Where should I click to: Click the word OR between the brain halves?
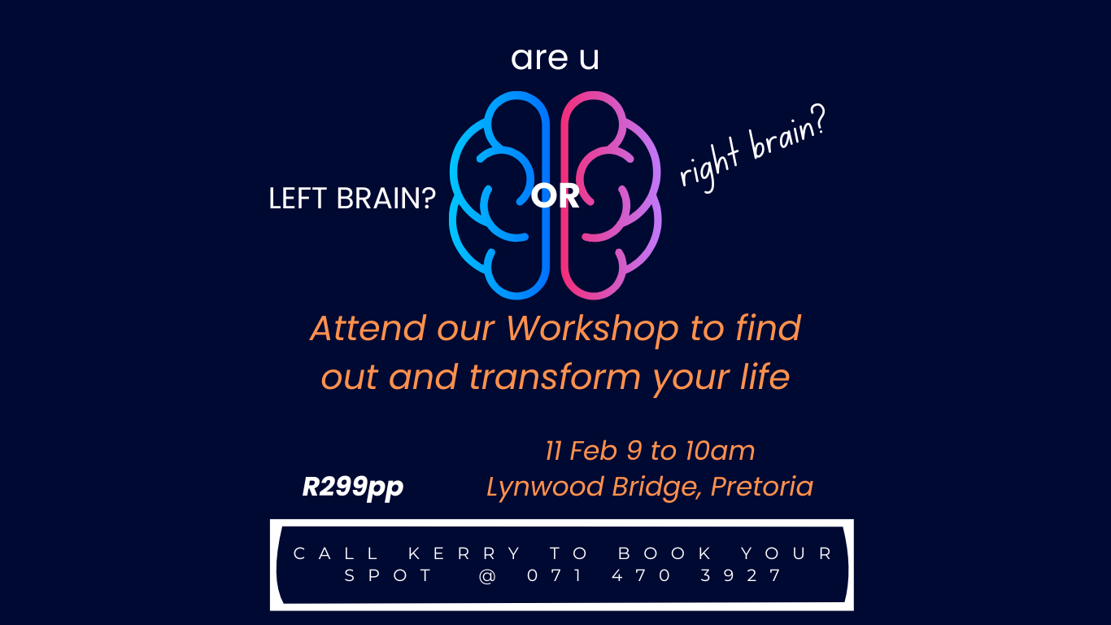pyautogui.click(x=555, y=196)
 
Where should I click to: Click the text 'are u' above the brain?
pyautogui.click(x=555, y=59)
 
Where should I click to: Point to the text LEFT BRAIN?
pyautogui.click(x=352, y=199)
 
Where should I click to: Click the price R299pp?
pyautogui.click(x=353, y=487)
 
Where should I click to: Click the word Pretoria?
pyautogui.click(x=762, y=487)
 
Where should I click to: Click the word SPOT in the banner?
pyautogui.click(x=390, y=576)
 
